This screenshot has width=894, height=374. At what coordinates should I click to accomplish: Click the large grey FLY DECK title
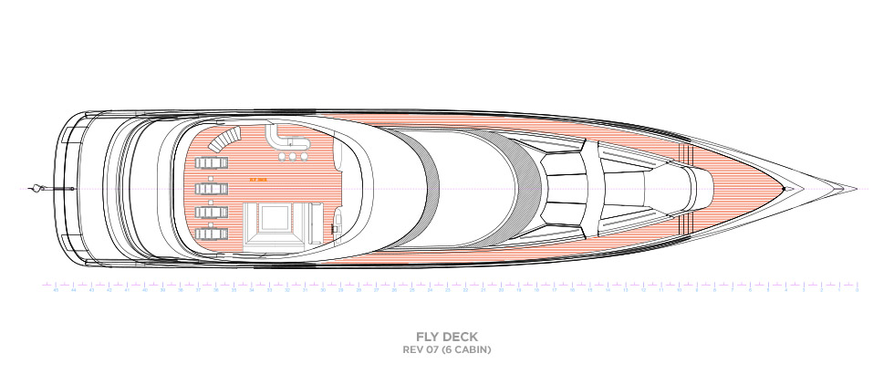coord(447,337)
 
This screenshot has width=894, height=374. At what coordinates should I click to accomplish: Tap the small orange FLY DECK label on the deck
coord(258,180)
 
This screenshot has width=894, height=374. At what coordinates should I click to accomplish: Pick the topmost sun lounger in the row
coord(212,164)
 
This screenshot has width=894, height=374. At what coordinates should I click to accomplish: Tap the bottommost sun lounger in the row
coord(212,234)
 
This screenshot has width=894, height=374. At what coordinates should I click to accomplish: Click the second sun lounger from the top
coord(212,188)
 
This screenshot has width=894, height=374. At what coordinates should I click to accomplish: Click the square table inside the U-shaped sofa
coord(273,219)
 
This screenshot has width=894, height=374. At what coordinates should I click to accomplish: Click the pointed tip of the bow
coord(856,189)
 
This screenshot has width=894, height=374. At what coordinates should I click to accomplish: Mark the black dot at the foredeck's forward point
coord(783,189)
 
